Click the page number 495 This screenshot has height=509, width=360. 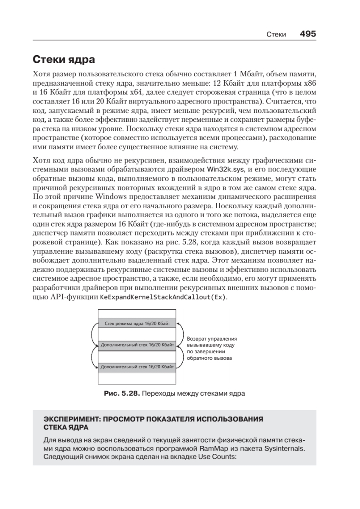308,34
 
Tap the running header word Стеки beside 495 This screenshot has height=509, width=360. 276,35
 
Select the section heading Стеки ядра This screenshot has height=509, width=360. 64,59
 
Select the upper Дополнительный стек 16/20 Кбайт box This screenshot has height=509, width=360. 137,345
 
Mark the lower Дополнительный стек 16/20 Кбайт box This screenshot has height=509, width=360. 137,366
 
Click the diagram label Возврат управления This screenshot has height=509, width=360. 212,339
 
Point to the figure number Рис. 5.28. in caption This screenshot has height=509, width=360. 122,393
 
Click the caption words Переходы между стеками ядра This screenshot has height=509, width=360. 193,393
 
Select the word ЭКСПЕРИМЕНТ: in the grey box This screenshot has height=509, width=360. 70,419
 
